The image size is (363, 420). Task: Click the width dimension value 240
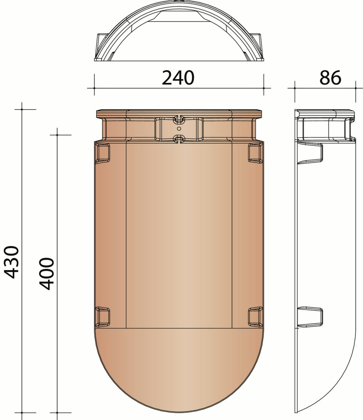click(x=178, y=77)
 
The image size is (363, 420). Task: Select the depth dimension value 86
click(x=330, y=77)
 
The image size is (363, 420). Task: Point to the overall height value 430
click(x=12, y=262)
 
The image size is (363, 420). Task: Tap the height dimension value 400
click(x=47, y=274)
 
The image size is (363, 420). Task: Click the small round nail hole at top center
click(x=179, y=129)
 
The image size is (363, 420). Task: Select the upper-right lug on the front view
click(x=255, y=153)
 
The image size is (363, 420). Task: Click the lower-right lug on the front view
click(x=255, y=316)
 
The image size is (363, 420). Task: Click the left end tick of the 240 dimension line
click(x=94, y=88)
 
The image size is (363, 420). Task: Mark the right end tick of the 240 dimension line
click(x=263, y=88)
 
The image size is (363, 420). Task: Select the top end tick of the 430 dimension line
click(x=22, y=109)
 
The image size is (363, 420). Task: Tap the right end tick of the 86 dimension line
click(x=355, y=88)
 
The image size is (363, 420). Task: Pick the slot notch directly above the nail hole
click(x=179, y=119)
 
